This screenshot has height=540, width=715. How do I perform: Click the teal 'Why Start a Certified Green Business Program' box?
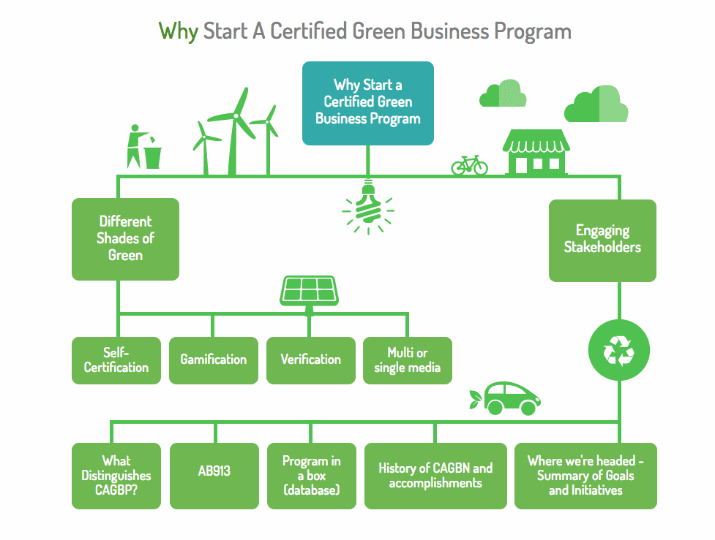pyautogui.click(x=368, y=102)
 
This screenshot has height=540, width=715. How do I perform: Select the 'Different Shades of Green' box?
pyautogui.click(x=125, y=239)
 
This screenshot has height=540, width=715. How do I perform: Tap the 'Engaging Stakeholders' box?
pyautogui.click(x=602, y=240)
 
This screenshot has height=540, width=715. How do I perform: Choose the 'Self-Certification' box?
pyautogui.click(x=116, y=360)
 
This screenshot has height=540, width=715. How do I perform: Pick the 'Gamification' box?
pyautogui.click(x=213, y=360)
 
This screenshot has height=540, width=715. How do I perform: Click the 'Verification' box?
pyautogui.click(x=310, y=360)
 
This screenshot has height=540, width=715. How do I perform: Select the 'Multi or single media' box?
pyautogui.click(x=408, y=360)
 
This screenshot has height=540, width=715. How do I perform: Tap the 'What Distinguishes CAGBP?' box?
pyautogui.click(x=116, y=476)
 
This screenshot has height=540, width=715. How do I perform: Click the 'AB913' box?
pyautogui.click(x=214, y=476)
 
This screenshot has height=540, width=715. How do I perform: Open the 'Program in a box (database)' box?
pyautogui.click(x=311, y=476)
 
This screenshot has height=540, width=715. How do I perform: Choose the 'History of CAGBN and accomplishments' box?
pyautogui.click(x=435, y=476)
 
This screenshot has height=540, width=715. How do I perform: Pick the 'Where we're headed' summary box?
pyautogui.click(x=585, y=476)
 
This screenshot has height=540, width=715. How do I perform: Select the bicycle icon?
pyautogui.click(x=469, y=165)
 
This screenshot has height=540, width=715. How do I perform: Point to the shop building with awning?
pyautogui.click(x=536, y=153)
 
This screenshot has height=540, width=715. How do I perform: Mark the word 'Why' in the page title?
pyautogui.click(x=178, y=31)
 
